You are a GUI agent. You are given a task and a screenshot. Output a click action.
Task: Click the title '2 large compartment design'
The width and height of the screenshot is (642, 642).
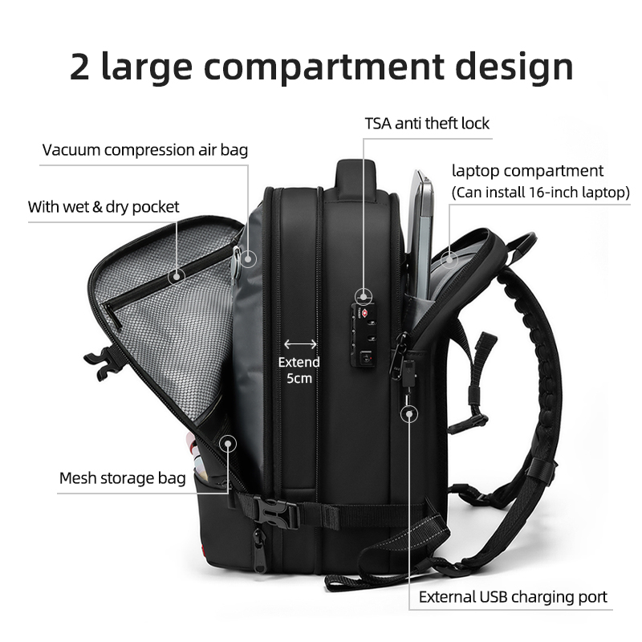[x=322, y=67]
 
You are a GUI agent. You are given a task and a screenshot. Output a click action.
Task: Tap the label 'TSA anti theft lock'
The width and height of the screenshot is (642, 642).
[x=427, y=124]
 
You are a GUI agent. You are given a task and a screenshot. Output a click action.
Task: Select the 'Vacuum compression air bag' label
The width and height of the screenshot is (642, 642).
[x=145, y=150]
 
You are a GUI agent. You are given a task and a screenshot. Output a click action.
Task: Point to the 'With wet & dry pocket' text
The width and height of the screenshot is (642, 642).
[x=104, y=207]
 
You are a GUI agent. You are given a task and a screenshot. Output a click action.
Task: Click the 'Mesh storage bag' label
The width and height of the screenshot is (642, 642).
[x=123, y=477]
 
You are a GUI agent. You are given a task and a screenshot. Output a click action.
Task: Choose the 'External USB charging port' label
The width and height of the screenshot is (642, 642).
[x=513, y=597]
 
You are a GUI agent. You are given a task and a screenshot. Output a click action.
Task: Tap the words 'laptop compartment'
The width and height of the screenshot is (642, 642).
[x=527, y=171]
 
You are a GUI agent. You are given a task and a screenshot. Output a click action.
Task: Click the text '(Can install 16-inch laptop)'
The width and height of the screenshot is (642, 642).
[x=540, y=192]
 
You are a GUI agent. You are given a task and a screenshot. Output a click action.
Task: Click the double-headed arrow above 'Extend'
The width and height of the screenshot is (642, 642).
[x=300, y=344]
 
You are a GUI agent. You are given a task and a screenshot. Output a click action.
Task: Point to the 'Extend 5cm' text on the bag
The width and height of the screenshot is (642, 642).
[x=299, y=370]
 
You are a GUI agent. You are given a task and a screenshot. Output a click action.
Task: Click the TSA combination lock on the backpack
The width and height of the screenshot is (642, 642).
[x=363, y=335]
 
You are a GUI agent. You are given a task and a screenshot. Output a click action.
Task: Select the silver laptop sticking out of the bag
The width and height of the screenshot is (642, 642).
[x=421, y=234]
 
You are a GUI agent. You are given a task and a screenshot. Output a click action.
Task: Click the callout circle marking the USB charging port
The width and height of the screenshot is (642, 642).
[x=409, y=414]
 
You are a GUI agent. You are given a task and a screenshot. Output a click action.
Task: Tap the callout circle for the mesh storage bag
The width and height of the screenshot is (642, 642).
[x=228, y=444]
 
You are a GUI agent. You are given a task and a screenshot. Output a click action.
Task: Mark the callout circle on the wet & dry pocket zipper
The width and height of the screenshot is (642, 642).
[x=177, y=276]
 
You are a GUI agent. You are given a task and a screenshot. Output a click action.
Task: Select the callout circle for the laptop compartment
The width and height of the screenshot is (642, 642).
[x=449, y=259]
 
